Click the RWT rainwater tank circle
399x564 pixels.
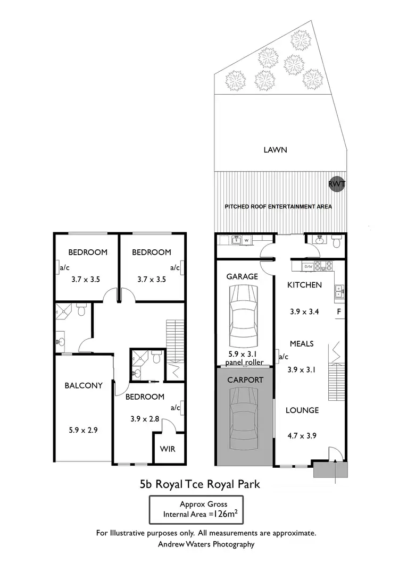pos(337,184)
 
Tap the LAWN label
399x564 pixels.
pos(276,150)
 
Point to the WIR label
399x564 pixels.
pos(168,449)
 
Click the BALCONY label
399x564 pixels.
pos(84,385)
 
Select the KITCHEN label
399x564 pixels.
pos(304,285)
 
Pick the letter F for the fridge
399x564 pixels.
pos(337,312)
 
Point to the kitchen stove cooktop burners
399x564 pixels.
pos(323,265)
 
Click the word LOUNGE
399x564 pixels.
pos(302,410)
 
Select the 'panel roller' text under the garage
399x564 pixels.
pos(245,363)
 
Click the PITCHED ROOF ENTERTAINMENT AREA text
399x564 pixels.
pos(278,206)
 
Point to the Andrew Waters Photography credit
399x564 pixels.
pos(206,544)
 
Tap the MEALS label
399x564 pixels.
pos(302,343)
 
